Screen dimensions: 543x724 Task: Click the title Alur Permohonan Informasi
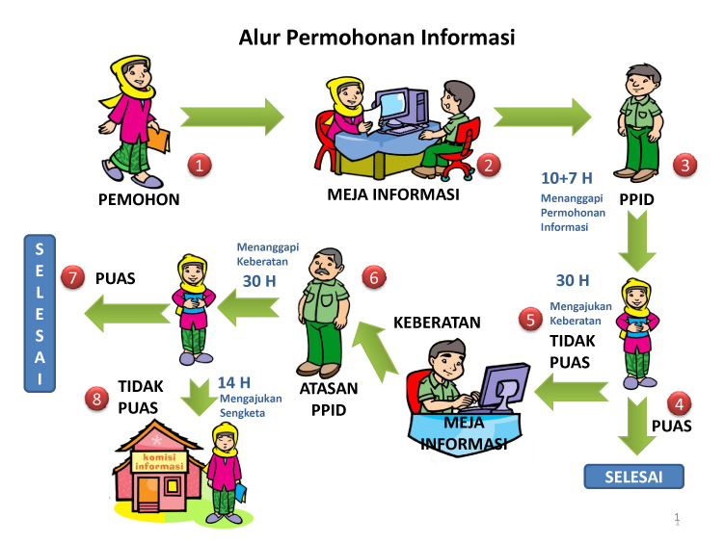click(x=377, y=38)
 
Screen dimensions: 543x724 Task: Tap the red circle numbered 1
click(x=199, y=165)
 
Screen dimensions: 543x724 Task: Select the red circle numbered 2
click(x=488, y=165)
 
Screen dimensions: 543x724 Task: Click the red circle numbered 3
click(x=684, y=165)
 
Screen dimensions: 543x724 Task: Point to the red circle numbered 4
click(x=681, y=404)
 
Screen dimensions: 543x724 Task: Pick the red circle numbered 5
click(x=530, y=319)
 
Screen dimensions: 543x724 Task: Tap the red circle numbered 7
click(x=72, y=277)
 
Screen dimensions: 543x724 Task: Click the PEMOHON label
click(x=139, y=200)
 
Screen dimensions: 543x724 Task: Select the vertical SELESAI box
click(x=39, y=316)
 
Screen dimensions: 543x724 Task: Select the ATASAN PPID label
click(x=328, y=398)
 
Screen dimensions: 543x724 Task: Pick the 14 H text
click(x=233, y=382)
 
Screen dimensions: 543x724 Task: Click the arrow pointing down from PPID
click(x=636, y=241)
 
